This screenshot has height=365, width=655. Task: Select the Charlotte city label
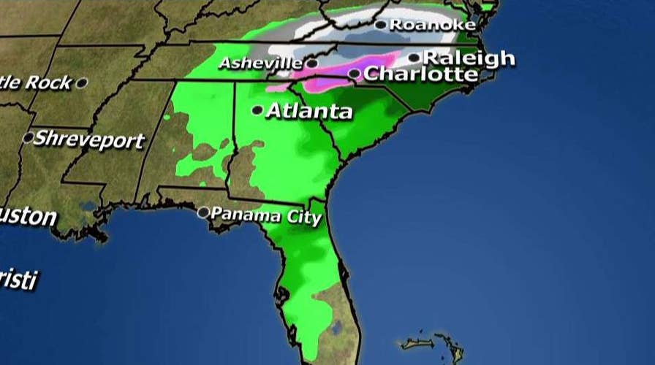click(x=420, y=74)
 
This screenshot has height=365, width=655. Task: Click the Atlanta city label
click(x=308, y=112)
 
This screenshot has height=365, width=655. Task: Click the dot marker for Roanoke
click(x=380, y=25)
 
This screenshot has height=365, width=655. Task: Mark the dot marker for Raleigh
click(x=414, y=58)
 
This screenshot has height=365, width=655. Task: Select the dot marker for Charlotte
click(x=354, y=74)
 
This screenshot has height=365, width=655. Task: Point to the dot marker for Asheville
click(x=311, y=64)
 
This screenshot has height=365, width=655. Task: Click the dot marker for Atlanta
click(x=257, y=110)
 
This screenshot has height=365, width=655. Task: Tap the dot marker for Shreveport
click(x=29, y=137)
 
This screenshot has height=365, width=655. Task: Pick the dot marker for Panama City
click(x=203, y=212)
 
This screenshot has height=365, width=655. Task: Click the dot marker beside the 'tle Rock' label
click(x=81, y=83)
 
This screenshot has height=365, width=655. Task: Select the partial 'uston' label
click(x=28, y=217)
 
